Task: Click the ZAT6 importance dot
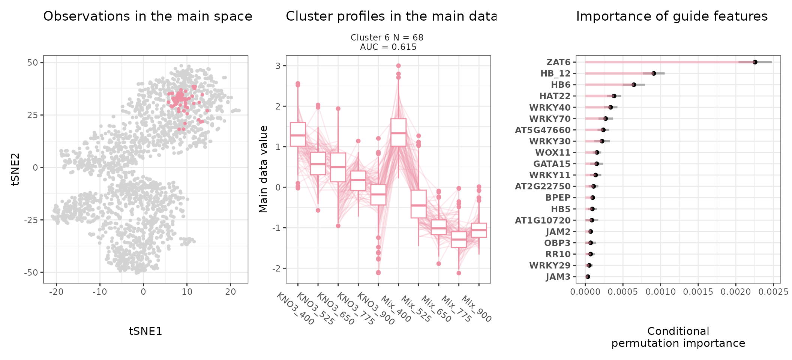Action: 755,62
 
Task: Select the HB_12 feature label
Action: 555,73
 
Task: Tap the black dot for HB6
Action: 634,85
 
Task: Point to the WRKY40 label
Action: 550,108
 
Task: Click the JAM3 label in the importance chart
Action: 558,277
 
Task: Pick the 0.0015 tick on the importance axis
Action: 698,292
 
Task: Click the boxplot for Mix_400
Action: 398,132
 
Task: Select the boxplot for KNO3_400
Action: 298,134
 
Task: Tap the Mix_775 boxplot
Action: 459,239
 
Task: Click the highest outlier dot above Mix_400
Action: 398,66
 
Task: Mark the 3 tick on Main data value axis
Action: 279,66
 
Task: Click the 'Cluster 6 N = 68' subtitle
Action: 387,37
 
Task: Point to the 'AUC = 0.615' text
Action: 388,47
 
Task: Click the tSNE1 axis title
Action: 145,331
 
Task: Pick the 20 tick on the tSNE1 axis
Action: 230,292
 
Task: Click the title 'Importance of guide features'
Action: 672,16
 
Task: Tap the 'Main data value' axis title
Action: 264,169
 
